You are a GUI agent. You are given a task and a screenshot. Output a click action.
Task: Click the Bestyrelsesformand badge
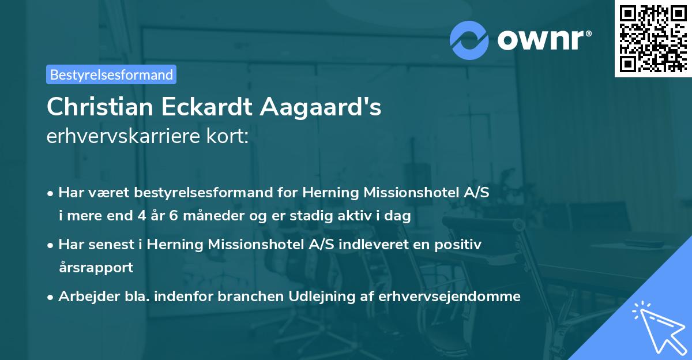[111, 74]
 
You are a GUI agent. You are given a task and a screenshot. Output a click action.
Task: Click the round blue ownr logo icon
[469, 40]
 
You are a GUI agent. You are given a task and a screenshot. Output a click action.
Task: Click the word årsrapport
[96, 268]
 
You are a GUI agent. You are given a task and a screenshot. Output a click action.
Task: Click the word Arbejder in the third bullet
[84, 297]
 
